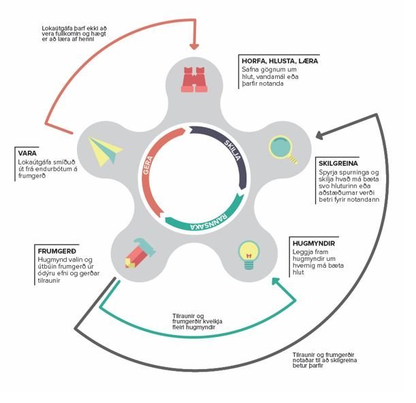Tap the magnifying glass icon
coord(282,149)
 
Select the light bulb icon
coord(247,253)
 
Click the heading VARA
coord(29,154)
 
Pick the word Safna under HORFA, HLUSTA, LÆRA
coord(253,70)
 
